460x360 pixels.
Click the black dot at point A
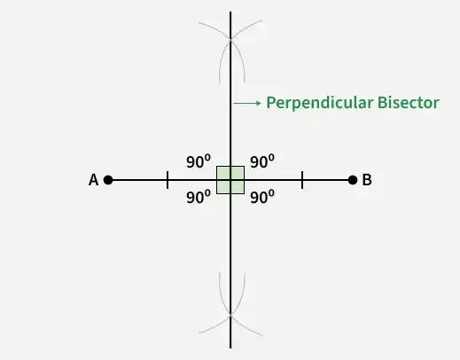[108, 180]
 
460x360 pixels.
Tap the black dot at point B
[353, 180]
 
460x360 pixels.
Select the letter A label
[93, 180]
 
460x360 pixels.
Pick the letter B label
[367, 180]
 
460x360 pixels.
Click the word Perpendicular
[320, 103]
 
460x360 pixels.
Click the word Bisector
[409, 103]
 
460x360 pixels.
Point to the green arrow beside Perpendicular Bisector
[247, 103]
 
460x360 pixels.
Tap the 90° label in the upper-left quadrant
[199, 161]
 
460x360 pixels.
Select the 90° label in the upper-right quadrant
[262, 161]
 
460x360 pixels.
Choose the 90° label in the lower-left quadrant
[199, 197]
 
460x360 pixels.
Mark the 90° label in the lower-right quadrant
[262, 197]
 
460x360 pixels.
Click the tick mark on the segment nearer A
[168, 180]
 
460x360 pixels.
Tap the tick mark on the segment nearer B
[302, 180]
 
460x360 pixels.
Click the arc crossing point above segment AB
[230, 39]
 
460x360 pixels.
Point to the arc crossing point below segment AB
[230, 316]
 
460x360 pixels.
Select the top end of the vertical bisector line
[230, 12]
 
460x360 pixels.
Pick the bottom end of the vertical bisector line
[230, 348]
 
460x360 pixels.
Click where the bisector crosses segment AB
[230, 180]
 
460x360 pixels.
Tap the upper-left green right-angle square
[223, 173]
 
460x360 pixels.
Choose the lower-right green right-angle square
[238, 187]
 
